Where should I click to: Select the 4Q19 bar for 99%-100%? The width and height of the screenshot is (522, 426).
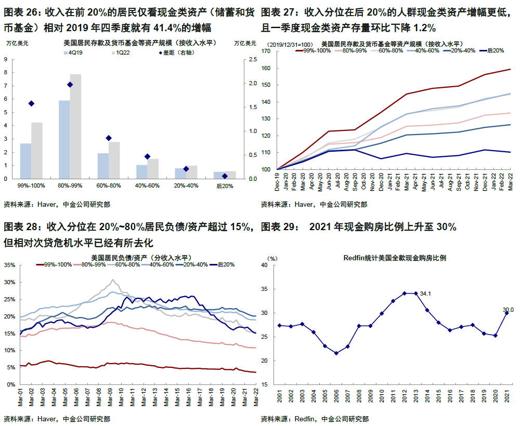tap(25, 161)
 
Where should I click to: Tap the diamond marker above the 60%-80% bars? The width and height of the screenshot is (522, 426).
tap(109, 138)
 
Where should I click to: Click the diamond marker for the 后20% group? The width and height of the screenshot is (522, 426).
tap(225, 176)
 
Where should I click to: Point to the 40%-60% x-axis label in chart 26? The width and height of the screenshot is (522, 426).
tap(147, 185)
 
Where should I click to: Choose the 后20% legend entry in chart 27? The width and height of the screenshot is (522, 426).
tap(494, 51)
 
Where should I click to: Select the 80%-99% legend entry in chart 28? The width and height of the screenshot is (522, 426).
tap(92, 264)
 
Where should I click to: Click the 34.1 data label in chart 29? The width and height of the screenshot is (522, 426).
tap(426, 294)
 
